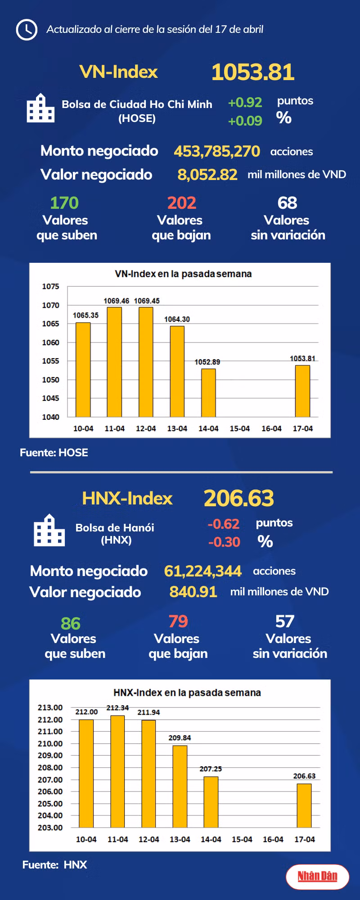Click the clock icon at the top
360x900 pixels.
point(26,30)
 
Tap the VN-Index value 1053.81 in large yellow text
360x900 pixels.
point(253,72)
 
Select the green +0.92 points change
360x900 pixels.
point(245,103)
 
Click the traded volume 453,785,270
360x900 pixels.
point(217,151)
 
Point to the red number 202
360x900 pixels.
point(182,203)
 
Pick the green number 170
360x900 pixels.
point(64,203)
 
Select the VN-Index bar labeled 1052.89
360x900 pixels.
point(208,393)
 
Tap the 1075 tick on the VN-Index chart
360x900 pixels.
point(50,287)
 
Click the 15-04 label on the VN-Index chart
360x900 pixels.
point(240,429)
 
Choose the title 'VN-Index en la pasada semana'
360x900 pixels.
point(183,274)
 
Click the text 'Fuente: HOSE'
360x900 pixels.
point(54,453)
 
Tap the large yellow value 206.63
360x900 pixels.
point(238,498)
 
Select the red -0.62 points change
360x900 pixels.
point(223,524)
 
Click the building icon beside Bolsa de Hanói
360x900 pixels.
point(49,531)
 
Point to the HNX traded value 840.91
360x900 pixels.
point(193,592)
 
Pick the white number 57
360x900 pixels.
point(285,621)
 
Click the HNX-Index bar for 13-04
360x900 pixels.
point(180,787)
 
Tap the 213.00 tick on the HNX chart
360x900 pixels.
point(50,707)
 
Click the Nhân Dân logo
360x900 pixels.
point(317,876)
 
